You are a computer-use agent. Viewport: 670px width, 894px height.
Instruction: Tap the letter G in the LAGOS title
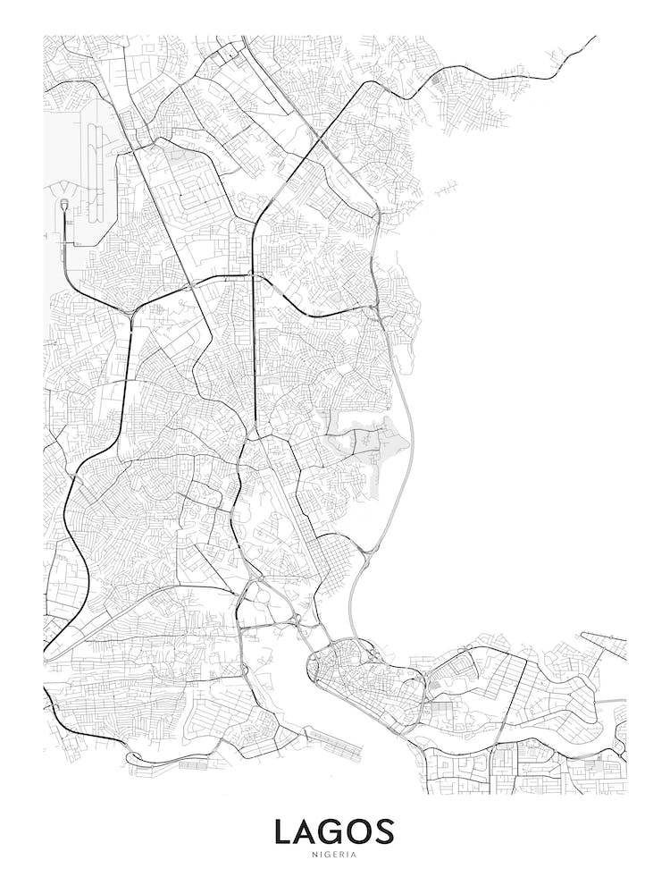pyautogui.click(x=334, y=832)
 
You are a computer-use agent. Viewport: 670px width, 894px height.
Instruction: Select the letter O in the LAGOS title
pyautogui.click(x=359, y=832)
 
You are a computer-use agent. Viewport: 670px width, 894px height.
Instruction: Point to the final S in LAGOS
pyautogui.click(x=384, y=832)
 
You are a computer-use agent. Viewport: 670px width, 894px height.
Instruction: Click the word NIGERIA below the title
pyautogui.click(x=334, y=855)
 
